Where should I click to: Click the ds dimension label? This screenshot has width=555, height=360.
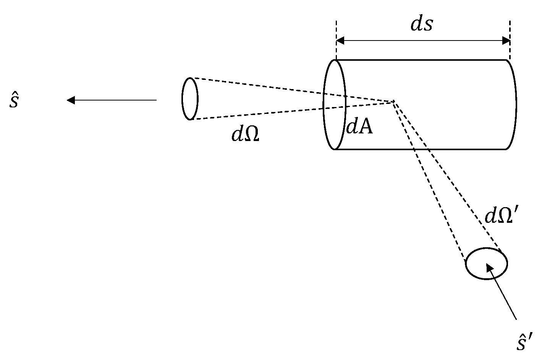point(422,24)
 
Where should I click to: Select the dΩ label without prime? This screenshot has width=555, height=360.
point(245,134)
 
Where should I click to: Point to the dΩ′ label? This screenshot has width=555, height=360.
point(501,216)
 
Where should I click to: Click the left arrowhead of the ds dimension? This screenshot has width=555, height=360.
point(340,41)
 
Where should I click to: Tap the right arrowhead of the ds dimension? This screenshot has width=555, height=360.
point(506,41)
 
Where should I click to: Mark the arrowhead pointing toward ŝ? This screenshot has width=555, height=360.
point(71,100)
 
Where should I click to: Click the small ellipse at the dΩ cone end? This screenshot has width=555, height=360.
point(190,99)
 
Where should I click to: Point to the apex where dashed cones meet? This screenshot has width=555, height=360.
point(393,101)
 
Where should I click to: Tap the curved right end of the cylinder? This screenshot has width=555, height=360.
point(516,104)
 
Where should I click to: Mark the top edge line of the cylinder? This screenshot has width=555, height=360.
point(420,60)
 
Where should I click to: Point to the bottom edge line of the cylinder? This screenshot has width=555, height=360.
point(420,149)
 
